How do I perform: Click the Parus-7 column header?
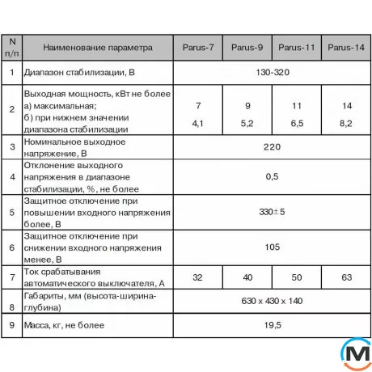198,47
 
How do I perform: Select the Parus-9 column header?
247,47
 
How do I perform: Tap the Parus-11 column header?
297,47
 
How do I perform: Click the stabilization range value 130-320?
272,73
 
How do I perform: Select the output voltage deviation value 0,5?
272,177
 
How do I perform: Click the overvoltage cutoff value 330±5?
272,212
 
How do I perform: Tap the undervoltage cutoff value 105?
272,247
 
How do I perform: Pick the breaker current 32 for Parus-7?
198,277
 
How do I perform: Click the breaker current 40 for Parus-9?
247,277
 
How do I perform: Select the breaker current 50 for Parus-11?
297,277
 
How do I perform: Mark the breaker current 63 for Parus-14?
346,277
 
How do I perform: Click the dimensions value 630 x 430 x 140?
272,301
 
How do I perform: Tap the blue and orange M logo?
353,353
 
